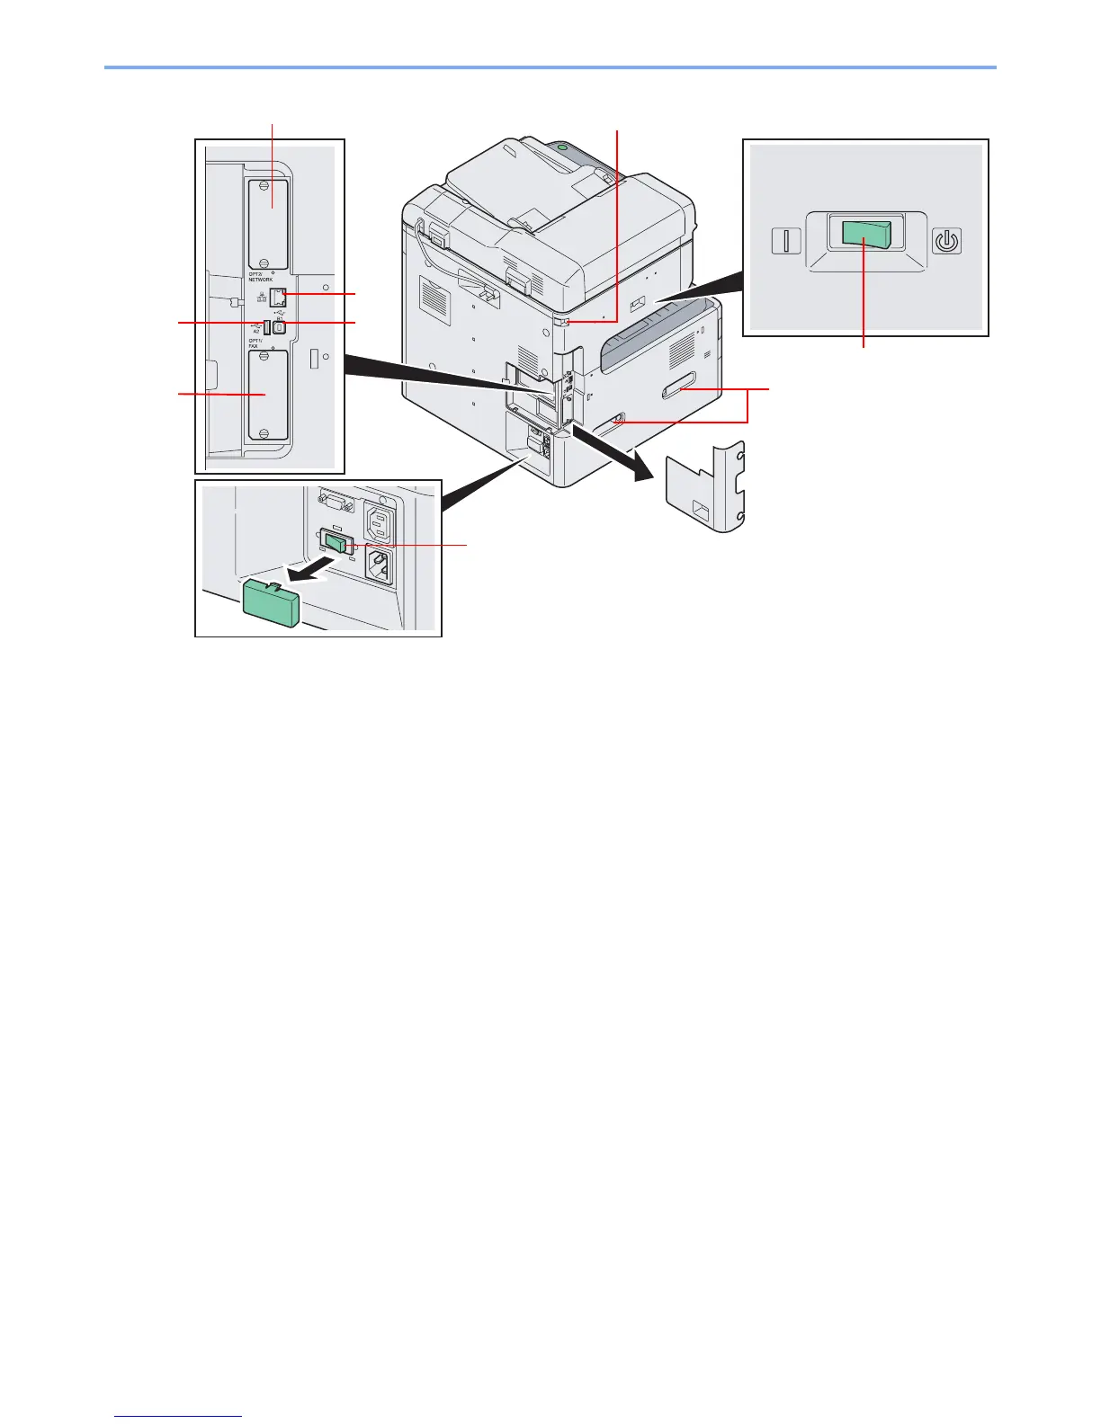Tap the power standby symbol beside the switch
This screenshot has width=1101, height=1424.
pos(946,241)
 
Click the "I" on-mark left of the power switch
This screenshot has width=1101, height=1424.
pos(786,241)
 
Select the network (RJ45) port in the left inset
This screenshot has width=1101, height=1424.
pos(278,297)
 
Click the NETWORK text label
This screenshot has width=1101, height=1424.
pos(261,280)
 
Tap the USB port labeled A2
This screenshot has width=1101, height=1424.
pos(268,326)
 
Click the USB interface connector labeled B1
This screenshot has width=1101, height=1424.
pos(280,327)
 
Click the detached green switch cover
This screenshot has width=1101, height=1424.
pos(271,601)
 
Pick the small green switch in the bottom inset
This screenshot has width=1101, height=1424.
pos(336,543)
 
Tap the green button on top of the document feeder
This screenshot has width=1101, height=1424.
pos(563,145)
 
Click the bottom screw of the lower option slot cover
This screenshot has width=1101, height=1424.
pos(264,433)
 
